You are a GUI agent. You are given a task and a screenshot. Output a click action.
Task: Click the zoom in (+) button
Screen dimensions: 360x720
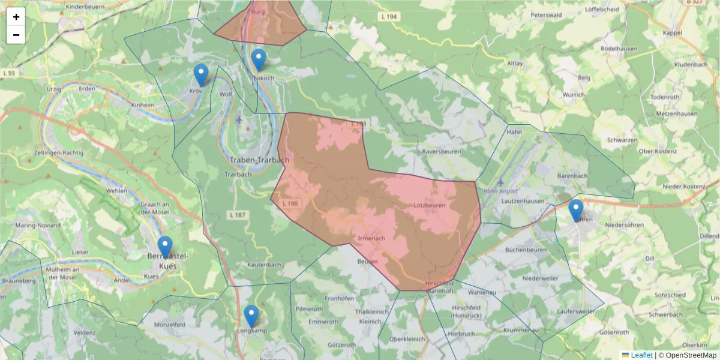click(x=16, y=17)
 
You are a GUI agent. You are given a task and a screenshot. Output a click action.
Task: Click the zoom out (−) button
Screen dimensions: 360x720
click(x=16, y=35)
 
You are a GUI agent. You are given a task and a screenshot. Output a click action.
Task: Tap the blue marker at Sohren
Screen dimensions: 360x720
click(x=576, y=211)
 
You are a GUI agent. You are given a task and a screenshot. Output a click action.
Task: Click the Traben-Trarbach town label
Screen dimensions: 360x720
click(x=259, y=160)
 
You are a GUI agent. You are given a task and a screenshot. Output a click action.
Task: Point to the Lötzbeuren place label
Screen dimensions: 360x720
click(x=430, y=205)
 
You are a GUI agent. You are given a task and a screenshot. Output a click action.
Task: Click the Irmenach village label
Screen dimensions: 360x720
click(x=371, y=238)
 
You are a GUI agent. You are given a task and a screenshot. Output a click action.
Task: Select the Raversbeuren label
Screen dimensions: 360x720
click(x=441, y=152)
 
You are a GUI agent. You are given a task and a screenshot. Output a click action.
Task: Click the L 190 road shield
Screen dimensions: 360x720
click(x=290, y=204)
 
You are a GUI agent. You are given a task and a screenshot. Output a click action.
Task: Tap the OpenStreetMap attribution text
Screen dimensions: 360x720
click(x=687, y=355)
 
